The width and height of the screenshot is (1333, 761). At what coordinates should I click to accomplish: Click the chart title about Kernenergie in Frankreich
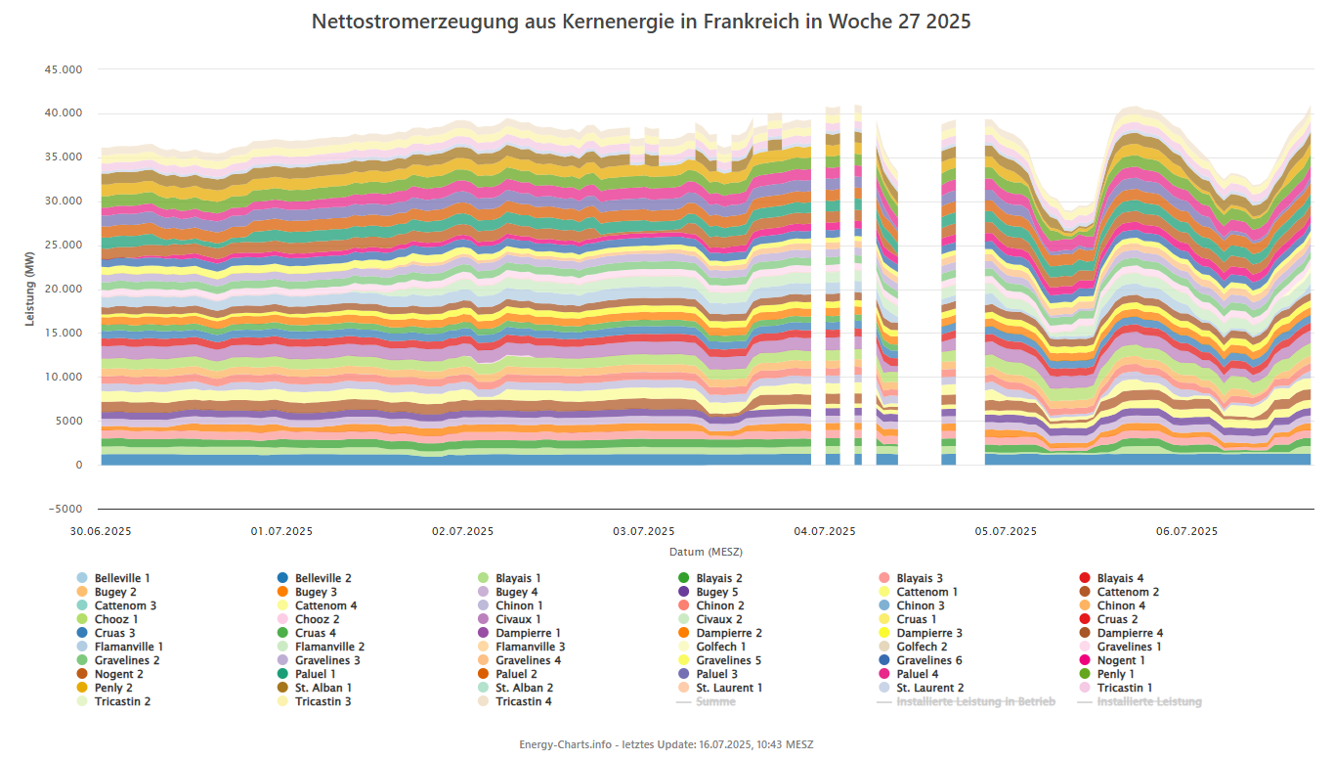[641, 21]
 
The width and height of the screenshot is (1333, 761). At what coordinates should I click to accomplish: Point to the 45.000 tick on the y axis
[63, 69]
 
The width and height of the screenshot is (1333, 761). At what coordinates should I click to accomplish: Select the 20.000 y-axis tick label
[63, 290]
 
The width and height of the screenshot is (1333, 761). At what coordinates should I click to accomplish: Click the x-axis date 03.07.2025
[644, 531]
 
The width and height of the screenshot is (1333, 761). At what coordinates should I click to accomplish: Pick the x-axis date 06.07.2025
[1186, 531]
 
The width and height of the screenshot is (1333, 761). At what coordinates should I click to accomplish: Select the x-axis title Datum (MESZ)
[706, 552]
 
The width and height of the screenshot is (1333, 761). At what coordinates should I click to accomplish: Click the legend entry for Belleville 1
[122, 578]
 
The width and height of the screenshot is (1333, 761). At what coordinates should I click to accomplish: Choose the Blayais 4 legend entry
[1120, 578]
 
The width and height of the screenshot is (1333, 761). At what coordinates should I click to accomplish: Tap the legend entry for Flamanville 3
[530, 647]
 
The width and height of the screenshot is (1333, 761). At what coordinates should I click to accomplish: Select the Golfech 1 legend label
[721, 647]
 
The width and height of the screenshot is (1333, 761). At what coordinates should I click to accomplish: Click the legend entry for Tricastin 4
[523, 701]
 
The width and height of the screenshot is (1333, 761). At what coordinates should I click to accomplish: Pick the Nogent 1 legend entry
[1121, 660]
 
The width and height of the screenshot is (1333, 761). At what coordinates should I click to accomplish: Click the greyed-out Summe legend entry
[715, 701]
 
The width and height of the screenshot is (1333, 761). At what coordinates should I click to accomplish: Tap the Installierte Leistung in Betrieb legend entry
[975, 701]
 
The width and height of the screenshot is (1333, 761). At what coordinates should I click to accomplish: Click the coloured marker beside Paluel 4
[883, 674]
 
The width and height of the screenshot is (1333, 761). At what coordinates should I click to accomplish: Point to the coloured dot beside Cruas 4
[282, 633]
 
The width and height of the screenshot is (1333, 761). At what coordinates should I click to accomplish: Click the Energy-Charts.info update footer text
[666, 744]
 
